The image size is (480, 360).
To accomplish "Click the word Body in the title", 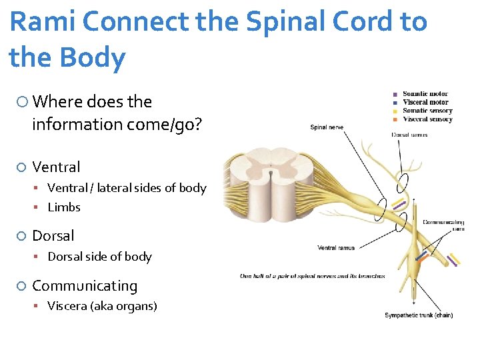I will pos(93,59).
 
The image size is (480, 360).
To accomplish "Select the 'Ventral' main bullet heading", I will pos(56,167).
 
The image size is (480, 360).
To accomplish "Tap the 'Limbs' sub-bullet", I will pos(64,207).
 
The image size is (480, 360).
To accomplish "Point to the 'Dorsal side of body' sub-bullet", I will pos(99,257).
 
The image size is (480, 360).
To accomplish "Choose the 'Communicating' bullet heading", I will pos(85,286).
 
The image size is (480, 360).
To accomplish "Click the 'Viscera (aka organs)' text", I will pos(102,306).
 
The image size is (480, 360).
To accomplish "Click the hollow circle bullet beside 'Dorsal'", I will pos(21,236).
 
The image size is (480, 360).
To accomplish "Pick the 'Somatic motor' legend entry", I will pos(425,94).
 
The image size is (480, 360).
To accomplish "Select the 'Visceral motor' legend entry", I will pos(425,103).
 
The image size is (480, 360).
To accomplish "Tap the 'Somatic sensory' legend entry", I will pos(427,111).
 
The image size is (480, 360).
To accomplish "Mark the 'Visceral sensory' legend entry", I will pos(427,119).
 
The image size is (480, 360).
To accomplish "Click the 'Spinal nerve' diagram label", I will pos(327,127).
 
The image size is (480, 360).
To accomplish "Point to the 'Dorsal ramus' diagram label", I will pos(409,135).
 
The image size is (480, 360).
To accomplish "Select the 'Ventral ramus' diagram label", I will pos(336,248).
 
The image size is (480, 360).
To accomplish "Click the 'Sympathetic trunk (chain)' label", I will pos(418,315).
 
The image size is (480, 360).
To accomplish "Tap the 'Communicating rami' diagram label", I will pos(443,225).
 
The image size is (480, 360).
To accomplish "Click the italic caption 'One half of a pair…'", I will pos(312,276).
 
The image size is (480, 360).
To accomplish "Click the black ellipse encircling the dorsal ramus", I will pos(404,181).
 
